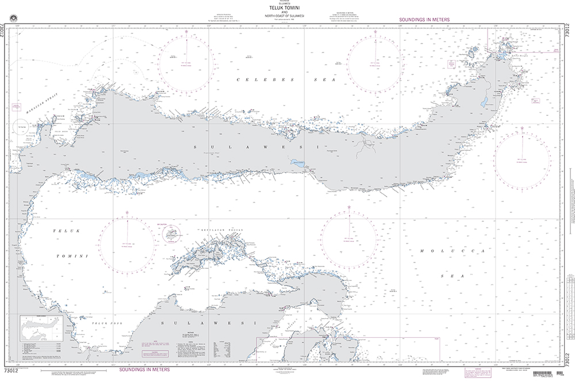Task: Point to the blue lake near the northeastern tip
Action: pyautogui.click(x=485, y=102)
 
